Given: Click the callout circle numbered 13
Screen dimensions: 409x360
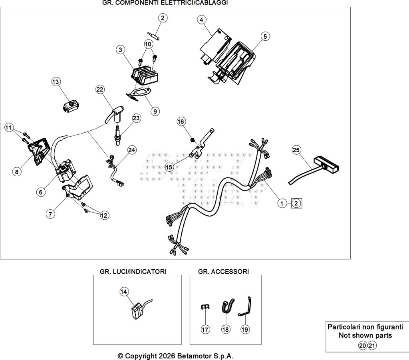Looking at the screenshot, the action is coord(56,82).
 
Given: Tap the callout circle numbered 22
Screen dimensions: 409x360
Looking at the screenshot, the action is coord(100,90).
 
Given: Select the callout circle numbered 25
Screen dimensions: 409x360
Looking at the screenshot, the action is coord(296,150).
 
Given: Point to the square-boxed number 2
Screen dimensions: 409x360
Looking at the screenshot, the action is coord(296,203).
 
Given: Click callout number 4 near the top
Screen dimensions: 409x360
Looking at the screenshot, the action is coord(201,20).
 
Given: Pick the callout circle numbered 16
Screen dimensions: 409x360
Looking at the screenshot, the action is coord(181,121).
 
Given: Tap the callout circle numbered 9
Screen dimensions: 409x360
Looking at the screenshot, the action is coord(155,111).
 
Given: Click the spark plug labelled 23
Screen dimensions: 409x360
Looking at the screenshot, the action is coord(118,135).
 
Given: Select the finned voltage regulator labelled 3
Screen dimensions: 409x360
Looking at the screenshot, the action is coord(145,74).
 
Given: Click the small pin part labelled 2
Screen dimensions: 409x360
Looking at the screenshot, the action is coord(154,36).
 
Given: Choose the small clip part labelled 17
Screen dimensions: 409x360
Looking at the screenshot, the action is coord(205,306).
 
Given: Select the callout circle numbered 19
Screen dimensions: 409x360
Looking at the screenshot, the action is coord(245,330).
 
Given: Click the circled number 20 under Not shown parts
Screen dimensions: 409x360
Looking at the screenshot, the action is coord(363,346).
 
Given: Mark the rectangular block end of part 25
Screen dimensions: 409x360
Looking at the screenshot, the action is coord(327,164).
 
